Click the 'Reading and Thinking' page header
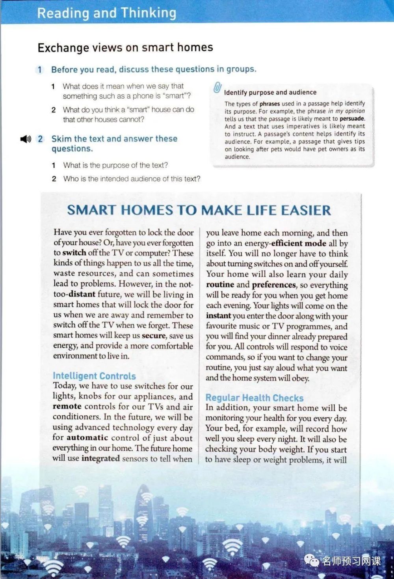pos(106,13)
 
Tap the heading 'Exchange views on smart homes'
pos(125,48)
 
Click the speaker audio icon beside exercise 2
pos(26,139)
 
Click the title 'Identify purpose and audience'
pos(270,92)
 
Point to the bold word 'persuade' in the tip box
pos(352,118)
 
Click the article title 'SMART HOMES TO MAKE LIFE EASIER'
pos(199,210)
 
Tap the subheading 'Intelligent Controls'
pos(94,376)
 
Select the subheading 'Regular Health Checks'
pos(255,398)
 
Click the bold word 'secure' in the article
pos(154,336)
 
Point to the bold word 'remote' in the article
pos(67,406)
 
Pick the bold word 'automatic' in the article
pos(87,437)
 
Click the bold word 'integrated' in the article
pos(100,458)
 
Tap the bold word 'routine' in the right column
pos(220,285)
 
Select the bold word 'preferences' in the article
pos(274,285)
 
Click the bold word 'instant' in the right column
pos(218,316)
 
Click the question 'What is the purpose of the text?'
pos(115,165)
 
